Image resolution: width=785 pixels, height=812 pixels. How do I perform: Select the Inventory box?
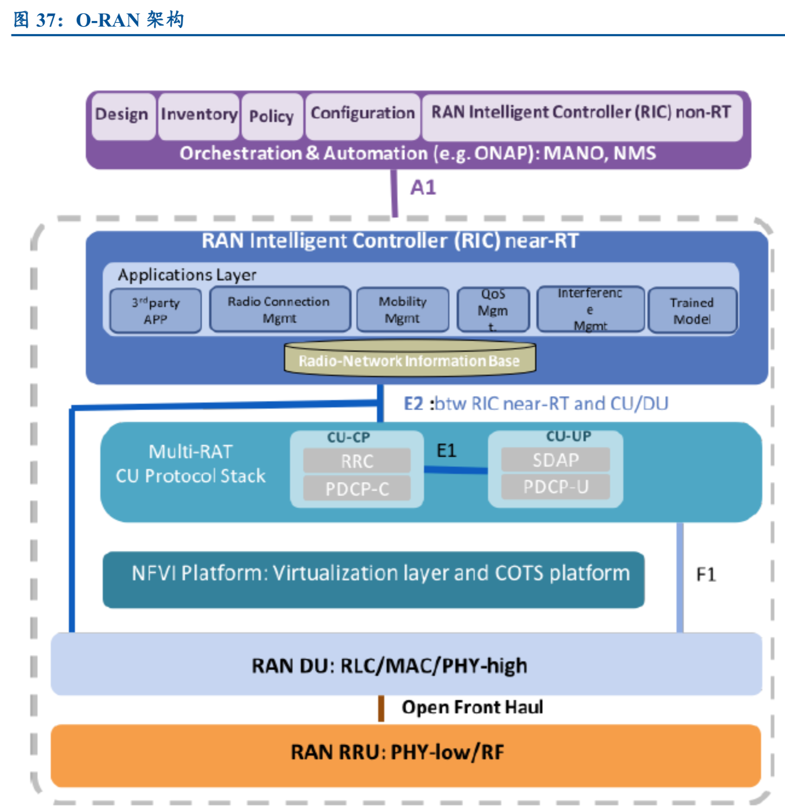pyautogui.click(x=199, y=116)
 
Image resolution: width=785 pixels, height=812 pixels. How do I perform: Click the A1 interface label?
pyautogui.click(x=423, y=188)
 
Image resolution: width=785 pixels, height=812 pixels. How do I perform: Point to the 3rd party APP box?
pyautogui.click(x=156, y=310)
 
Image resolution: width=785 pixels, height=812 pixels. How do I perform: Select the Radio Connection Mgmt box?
pyautogui.click(x=280, y=310)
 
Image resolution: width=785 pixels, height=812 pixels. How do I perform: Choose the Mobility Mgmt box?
pyautogui.click(x=403, y=310)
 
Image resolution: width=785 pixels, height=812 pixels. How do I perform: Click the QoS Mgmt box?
pyautogui.click(x=493, y=310)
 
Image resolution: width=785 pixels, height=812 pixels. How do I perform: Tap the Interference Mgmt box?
pyautogui.click(x=590, y=309)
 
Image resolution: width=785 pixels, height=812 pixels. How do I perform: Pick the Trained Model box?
pyautogui.click(x=692, y=310)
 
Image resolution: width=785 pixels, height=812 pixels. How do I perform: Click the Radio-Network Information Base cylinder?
pyautogui.click(x=410, y=360)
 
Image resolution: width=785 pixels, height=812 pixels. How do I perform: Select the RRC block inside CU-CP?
pyautogui.click(x=357, y=461)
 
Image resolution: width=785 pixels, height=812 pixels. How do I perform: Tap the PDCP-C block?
pyautogui.click(x=357, y=489)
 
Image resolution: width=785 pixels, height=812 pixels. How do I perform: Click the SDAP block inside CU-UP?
pyautogui.click(x=556, y=460)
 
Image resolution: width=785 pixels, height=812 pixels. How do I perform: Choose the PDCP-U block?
pyautogui.click(x=556, y=487)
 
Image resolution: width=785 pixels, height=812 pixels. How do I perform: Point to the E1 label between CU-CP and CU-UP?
pyautogui.click(x=446, y=451)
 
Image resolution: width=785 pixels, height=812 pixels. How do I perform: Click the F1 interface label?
pyautogui.click(x=706, y=574)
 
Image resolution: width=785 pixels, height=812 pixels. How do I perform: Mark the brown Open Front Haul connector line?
pyautogui.click(x=381, y=709)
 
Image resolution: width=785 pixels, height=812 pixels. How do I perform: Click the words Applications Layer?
pyautogui.click(x=187, y=275)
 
